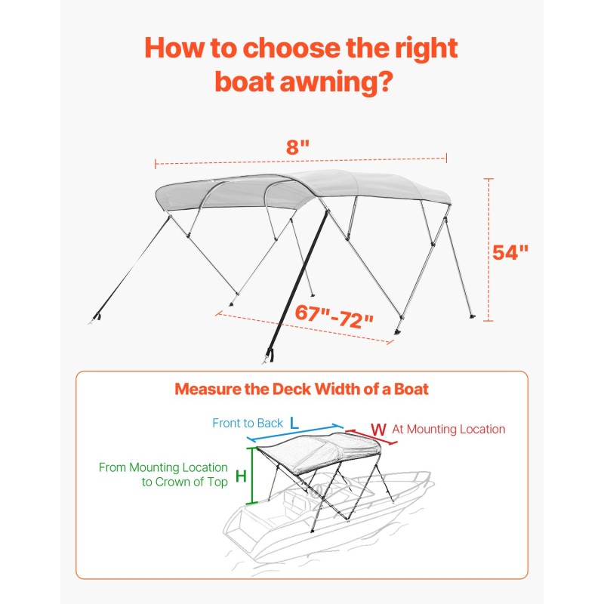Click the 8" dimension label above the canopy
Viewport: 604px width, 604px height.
tap(297, 146)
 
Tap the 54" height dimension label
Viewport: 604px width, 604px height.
tap(510, 252)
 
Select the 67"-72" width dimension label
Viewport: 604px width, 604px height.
tap(334, 316)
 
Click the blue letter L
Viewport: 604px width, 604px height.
tap(294, 423)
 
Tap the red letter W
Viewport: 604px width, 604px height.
tap(378, 430)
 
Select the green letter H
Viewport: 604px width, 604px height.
tap(241, 476)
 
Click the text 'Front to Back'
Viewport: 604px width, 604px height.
tap(248, 423)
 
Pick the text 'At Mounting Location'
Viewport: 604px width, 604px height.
tap(448, 429)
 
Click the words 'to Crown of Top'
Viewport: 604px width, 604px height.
tap(185, 482)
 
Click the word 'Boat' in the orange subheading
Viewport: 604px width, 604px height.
tap(411, 389)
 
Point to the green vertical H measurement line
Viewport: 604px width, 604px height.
tap(252, 476)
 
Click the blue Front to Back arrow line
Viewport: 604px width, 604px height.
tap(295, 433)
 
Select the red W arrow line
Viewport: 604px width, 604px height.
tap(371, 437)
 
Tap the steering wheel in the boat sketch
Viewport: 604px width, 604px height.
tap(316, 490)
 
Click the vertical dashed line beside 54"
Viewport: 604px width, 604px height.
tap(488, 250)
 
